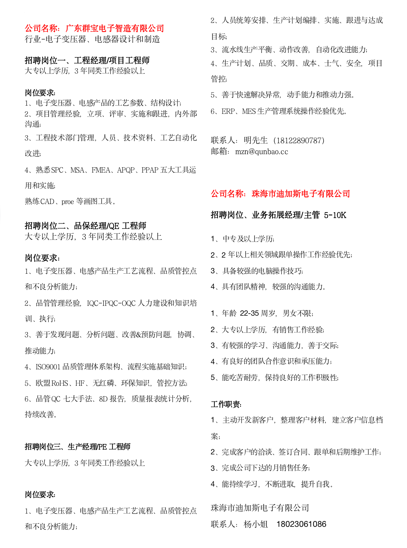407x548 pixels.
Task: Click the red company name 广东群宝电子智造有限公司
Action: [x=115, y=28]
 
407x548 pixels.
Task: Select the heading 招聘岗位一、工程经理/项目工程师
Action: [x=87, y=60]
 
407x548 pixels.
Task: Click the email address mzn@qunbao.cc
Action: [x=262, y=151]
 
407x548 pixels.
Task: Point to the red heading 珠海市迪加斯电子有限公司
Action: [x=301, y=194]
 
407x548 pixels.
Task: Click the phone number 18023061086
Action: [x=301, y=524]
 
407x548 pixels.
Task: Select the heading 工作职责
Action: [x=226, y=404]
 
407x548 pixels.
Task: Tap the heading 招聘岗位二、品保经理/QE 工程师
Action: [x=86, y=225]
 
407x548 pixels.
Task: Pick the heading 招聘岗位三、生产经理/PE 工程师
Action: [x=78, y=447]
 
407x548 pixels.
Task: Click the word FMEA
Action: [x=101, y=170]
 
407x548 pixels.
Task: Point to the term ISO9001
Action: [x=48, y=367]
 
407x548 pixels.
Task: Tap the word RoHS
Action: [x=60, y=383]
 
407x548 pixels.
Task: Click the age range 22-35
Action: [x=249, y=313]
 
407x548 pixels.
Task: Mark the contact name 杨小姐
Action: [x=256, y=524]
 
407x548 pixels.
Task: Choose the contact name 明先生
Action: [x=255, y=140]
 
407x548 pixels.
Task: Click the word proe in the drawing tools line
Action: [x=68, y=202]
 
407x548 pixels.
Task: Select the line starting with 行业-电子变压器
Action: [x=92, y=39]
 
